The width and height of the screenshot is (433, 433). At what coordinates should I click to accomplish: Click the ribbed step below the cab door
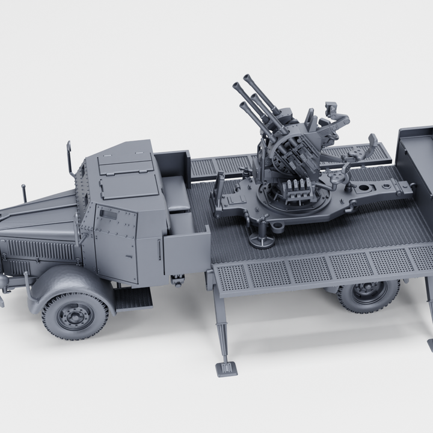[133, 299]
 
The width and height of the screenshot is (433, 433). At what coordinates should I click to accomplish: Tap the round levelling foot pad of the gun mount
[262, 242]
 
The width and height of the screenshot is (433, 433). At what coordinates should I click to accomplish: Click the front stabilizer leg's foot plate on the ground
[227, 368]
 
